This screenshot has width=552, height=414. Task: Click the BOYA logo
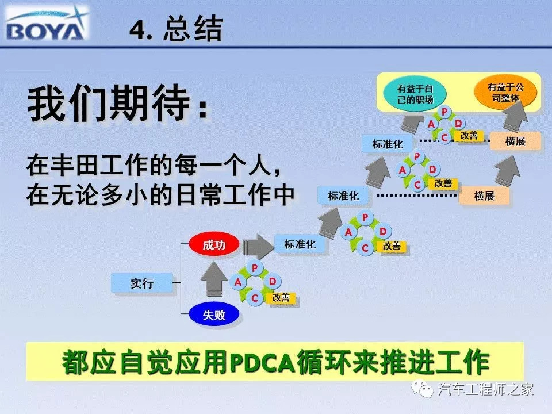tap(47, 24)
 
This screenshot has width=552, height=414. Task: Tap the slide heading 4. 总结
tap(176, 29)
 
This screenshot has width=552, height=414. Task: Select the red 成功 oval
tap(214, 244)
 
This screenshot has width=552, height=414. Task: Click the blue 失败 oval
tap(214, 314)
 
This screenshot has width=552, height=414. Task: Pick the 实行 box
tap(142, 283)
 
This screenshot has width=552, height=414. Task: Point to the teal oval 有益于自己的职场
tap(415, 94)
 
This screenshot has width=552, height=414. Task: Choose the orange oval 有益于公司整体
tap(505, 92)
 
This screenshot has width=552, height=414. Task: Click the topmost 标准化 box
tap(387, 144)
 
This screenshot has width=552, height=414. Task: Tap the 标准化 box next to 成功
tap(300, 244)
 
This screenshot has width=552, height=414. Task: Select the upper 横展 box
tap(515, 141)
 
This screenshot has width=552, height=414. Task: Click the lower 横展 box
tap(484, 195)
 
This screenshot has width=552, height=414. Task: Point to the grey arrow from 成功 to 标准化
tap(258, 246)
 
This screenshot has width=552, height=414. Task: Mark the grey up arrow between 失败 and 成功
tap(214, 279)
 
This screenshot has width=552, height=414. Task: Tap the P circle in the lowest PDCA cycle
tap(255, 269)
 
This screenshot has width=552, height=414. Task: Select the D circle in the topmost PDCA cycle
tap(458, 123)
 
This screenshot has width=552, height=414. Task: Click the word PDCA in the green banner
tap(263, 362)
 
